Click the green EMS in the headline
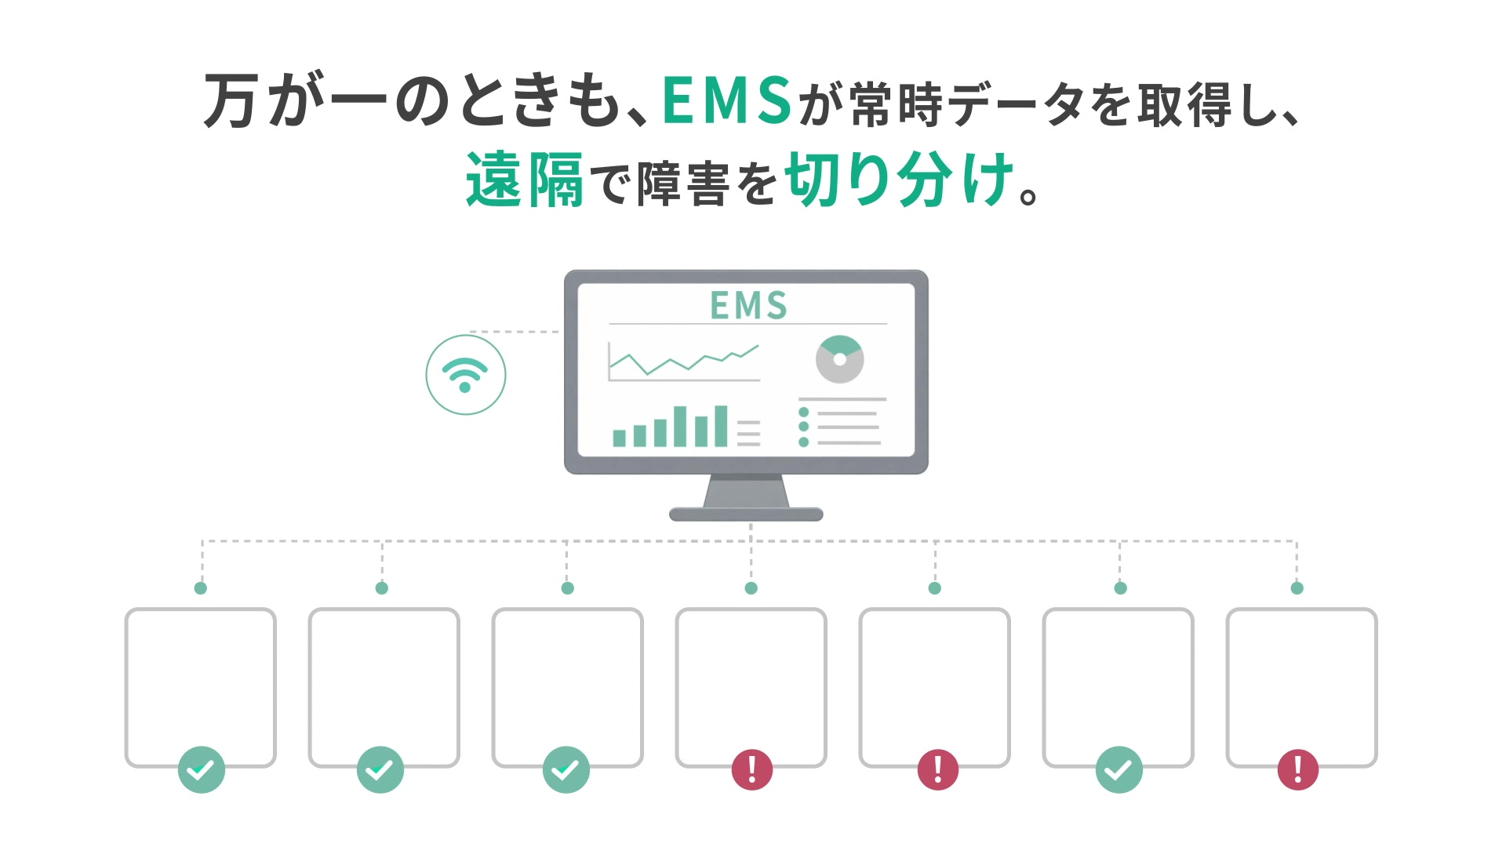click(x=727, y=100)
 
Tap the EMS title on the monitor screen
click(x=748, y=305)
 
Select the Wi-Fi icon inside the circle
click(x=465, y=375)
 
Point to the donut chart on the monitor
click(x=839, y=359)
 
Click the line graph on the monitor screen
click(x=684, y=360)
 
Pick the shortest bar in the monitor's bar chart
click(x=619, y=438)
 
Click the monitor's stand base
click(x=746, y=514)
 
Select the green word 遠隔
click(x=524, y=180)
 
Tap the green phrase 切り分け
click(x=900, y=180)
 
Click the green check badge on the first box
click(x=202, y=769)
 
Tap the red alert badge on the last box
click(x=1298, y=769)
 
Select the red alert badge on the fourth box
click(x=752, y=769)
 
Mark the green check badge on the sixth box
click(x=1119, y=769)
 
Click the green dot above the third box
click(x=568, y=588)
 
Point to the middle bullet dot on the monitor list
click(x=803, y=427)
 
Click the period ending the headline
click(x=1028, y=196)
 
